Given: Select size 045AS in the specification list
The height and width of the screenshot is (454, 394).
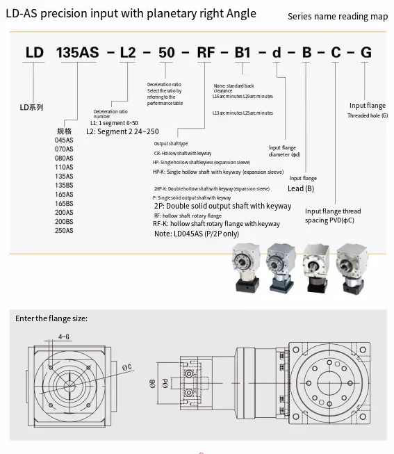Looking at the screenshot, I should pyautogui.click(x=64, y=139).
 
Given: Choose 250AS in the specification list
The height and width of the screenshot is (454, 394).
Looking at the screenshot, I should pyautogui.click(x=64, y=229).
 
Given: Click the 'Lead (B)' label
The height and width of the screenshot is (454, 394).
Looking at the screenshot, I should pyautogui.click(x=301, y=188).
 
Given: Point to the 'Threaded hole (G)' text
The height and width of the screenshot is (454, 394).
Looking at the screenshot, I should pyautogui.click(x=368, y=115).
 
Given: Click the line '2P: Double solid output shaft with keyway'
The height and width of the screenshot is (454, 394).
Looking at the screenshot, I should pyautogui.click(x=222, y=206).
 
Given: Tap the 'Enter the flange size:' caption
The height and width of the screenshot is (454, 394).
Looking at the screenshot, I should pyautogui.click(x=52, y=318).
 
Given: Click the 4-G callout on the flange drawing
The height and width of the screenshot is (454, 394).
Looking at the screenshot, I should pyautogui.click(x=64, y=336).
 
